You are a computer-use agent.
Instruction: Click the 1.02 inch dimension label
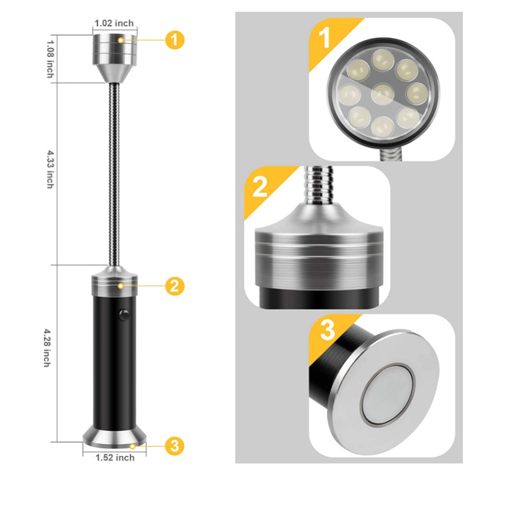[x=114, y=23]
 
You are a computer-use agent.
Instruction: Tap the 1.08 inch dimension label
[x=50, y=59]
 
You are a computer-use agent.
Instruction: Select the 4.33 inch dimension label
[x=50, y=169]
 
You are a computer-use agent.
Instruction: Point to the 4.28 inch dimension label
[x=47, y=348]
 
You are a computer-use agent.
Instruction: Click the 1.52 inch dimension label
[x=115, y=457]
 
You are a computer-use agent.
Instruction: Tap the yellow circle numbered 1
[x=175, y=40]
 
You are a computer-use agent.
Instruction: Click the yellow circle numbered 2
[x=175, y=286]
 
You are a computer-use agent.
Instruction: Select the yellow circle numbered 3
[x=175, y=446]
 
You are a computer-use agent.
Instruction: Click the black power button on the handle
[x=124, y=314]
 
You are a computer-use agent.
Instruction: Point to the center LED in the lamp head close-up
[x=383, y=94]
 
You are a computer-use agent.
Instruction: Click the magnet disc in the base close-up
[x=388, y=394]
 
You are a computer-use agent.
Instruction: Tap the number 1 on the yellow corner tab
[x=324, y=37]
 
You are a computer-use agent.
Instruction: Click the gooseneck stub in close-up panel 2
[x=319, y=185]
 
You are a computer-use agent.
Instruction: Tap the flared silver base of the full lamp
[x=115, y=438]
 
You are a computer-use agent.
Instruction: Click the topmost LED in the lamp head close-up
[x=383, y=59]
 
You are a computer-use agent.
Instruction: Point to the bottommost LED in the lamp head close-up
[x=383, y=126]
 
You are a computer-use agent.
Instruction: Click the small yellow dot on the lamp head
[x=121, y=40]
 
